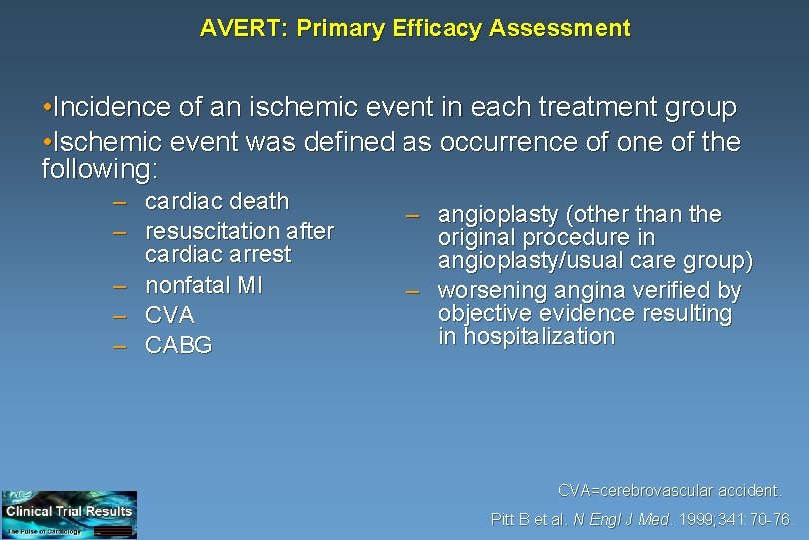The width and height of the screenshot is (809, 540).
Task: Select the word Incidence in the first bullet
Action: point(106,107)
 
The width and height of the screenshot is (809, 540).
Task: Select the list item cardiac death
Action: point(216,202)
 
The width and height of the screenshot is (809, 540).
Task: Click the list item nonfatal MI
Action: point(204,285)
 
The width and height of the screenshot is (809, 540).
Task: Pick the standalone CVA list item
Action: point(169,315)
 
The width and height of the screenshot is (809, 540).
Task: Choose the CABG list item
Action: point(178,345)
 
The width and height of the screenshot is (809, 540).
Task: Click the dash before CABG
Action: point(120,345)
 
